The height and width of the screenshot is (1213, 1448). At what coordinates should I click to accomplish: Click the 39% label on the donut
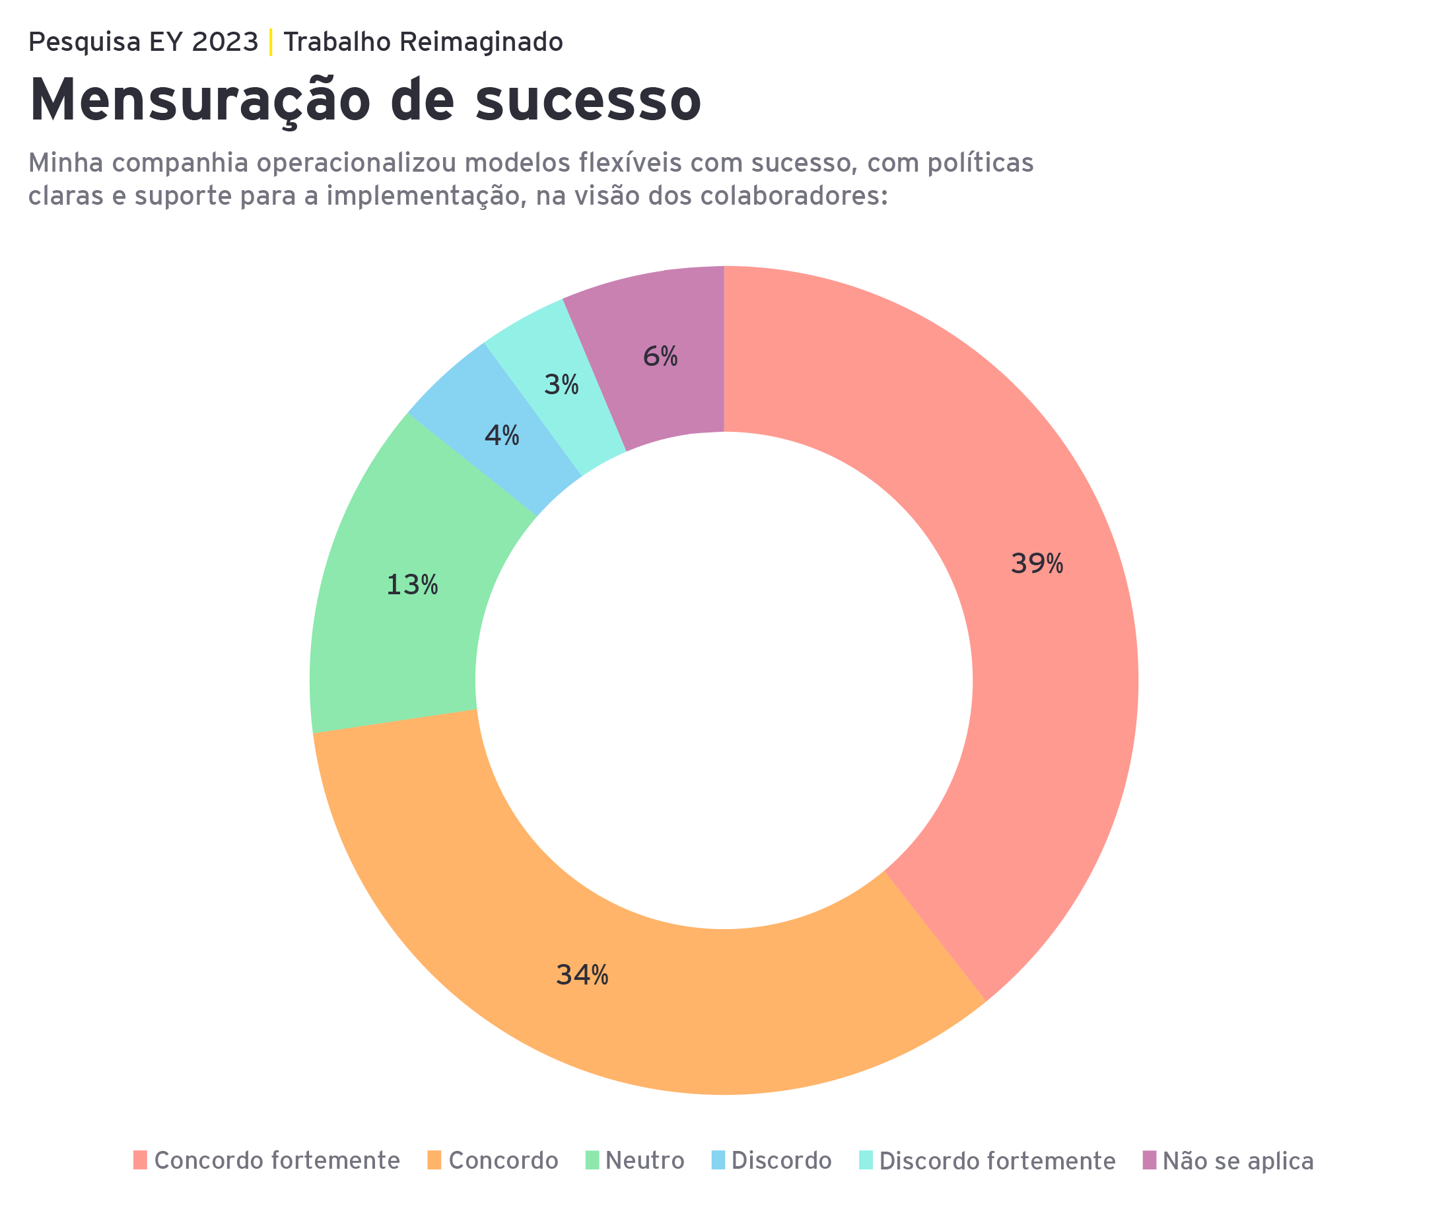1037,564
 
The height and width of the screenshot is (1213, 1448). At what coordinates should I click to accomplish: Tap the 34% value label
582,975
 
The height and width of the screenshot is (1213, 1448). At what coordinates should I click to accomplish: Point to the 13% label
411,586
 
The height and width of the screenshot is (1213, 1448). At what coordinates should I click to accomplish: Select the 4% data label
501,436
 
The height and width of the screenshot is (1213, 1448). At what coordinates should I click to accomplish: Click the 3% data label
561,385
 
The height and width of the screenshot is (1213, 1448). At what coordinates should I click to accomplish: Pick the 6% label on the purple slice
660,357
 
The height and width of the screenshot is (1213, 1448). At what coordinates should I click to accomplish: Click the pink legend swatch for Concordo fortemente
140,1160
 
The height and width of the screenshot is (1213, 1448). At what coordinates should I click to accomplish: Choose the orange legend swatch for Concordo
434,1160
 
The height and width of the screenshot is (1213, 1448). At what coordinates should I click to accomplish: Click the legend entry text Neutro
644,1161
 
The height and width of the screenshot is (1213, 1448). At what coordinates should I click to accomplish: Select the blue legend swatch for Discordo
718,1160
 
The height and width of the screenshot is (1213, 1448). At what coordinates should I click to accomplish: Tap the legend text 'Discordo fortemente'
997,1161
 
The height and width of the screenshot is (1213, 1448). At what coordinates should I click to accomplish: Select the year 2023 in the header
224,42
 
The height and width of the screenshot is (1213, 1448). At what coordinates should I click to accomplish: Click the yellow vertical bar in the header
271,42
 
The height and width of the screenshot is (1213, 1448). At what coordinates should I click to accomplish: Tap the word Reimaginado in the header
481,42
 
